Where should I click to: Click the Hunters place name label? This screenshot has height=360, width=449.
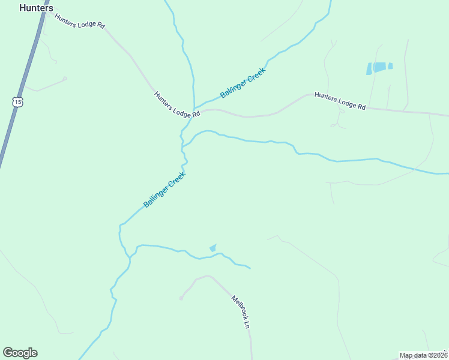pos(36,8)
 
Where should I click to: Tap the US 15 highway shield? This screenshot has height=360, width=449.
pos(17,102)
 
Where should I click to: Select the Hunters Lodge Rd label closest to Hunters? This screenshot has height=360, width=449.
pos(80,22)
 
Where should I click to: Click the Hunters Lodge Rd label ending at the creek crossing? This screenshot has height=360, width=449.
pos(176,105)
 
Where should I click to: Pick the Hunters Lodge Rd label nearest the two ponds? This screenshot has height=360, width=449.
pos(340,100)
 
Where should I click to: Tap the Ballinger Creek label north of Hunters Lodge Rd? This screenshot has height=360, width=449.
pos(243,83)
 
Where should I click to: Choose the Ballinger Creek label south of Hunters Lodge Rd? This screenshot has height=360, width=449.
pos(164,190)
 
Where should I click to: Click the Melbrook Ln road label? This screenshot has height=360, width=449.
pos(240,311)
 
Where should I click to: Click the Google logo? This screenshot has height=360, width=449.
pos(20,353)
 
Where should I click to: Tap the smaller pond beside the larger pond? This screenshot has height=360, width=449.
pos(390,66)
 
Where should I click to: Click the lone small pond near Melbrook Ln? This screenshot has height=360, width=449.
pos(212,247)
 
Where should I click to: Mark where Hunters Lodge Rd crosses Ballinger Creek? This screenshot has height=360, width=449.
pos(194,112)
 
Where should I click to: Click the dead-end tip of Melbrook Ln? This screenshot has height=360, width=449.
pos(181,298)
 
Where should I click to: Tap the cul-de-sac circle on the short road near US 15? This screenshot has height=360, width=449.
pos(65,78)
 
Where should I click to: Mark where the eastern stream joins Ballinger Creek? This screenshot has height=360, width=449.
pos(182,146)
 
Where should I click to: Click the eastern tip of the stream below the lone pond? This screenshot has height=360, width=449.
pos(250,268)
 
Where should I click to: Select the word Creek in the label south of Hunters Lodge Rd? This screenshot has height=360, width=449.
pos(174,182)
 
